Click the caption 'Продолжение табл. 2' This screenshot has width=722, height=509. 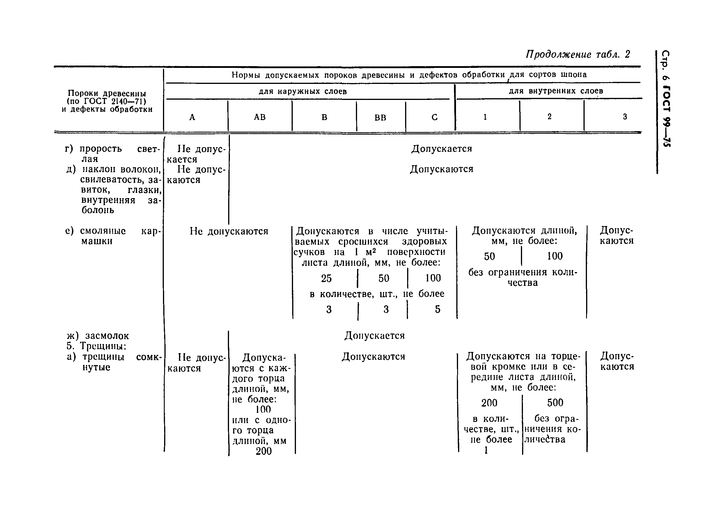(578, 54)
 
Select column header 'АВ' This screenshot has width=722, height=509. (260, 117)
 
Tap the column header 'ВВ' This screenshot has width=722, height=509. (380, 118)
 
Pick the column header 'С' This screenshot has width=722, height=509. (434, 117)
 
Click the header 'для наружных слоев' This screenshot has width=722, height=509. (303, 91)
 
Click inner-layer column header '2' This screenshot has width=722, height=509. (549, 117)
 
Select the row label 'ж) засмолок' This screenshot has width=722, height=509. (97, 336)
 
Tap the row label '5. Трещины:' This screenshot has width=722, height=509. (97, 346)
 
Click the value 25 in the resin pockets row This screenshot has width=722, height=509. (326, 278)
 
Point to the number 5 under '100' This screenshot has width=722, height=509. (437, 309)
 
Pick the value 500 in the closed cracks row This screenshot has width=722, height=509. (555, 402)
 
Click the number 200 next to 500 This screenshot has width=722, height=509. (489, 403)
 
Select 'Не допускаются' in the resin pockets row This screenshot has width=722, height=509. (229, 231)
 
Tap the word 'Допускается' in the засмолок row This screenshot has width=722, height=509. (374, 336)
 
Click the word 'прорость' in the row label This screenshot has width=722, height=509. (100, 149)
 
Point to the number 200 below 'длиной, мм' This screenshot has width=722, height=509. (264, 451)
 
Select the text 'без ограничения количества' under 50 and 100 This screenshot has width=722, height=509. (523, 277)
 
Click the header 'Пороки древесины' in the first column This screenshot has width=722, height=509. (107, 93)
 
